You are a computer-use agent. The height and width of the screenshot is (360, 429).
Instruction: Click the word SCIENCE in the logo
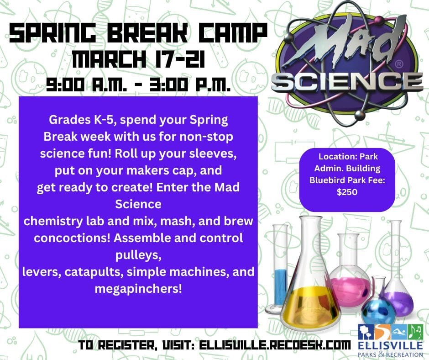click(x=347, y=81)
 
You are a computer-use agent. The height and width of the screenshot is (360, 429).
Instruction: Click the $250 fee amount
click(x=347, y=192)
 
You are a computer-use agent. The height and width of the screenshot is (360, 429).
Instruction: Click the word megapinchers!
click(x=138, y=289)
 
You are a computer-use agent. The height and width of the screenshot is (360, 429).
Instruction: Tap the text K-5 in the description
click(x=104, y=120)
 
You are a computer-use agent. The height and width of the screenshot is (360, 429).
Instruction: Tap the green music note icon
click(x=415, y=332)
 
